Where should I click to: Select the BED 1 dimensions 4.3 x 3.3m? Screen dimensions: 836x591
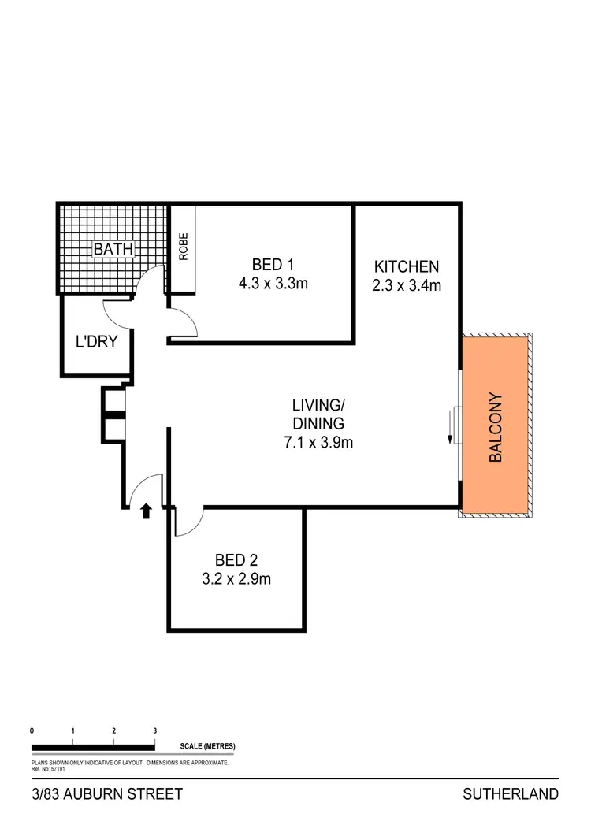(x=273, y=283)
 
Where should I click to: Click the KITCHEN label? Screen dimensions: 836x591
(x=406, y=266)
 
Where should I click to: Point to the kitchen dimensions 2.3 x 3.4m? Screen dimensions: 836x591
(x=406, y=284)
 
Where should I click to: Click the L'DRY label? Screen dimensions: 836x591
(x=96, y=342)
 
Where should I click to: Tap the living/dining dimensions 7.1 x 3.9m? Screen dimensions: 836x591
(x=318, y=442)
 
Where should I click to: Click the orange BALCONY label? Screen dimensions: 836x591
(x=496, y=427)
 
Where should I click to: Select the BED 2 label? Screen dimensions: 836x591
(x=236, y=561)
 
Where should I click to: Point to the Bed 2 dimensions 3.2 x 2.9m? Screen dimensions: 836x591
(x=236, y=580)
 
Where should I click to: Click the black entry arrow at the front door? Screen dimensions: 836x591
(x=146, y=512)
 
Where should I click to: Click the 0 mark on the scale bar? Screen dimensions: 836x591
(x=32, y=730)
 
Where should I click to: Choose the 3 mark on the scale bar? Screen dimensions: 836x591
(x=155, y=730)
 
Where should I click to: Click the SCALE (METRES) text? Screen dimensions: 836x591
(x=207, y=745)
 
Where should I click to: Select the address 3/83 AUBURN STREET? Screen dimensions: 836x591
(x=106, y=793)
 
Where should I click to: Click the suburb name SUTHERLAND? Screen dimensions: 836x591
(x=511, y=793)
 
